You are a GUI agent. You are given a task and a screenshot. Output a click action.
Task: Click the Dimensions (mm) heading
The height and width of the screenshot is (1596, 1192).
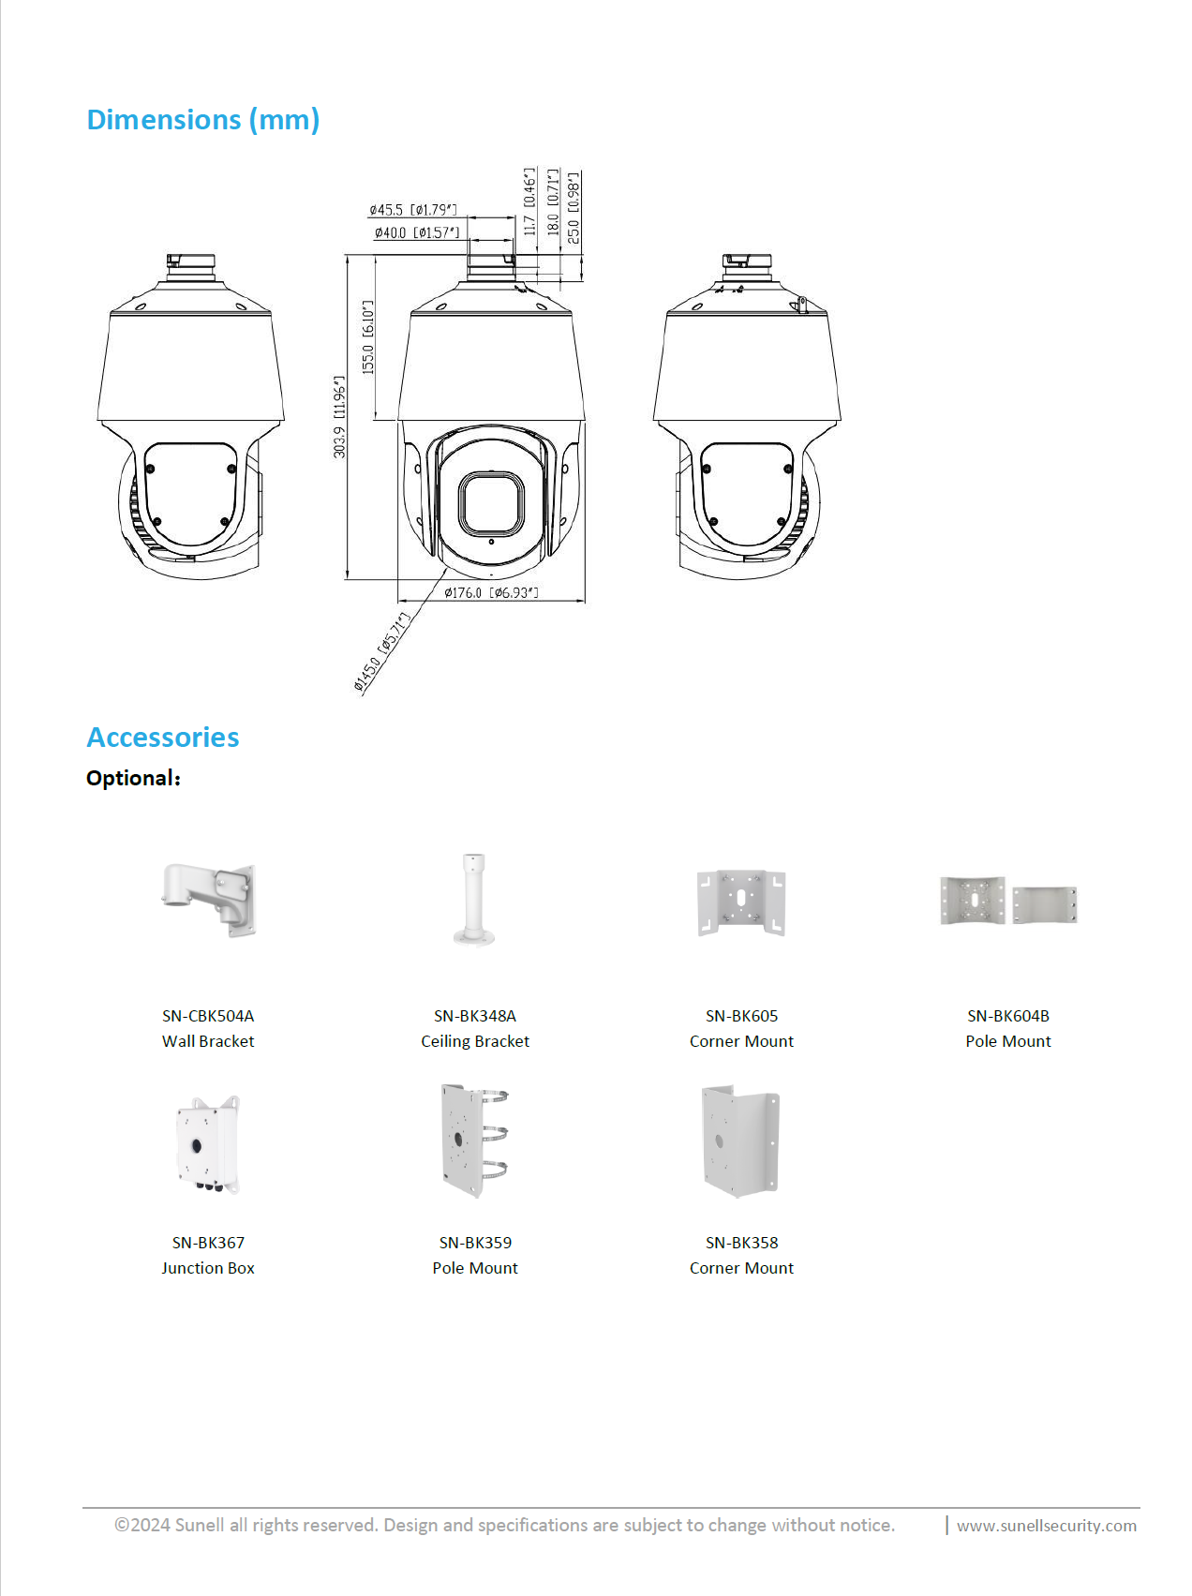(203, 120)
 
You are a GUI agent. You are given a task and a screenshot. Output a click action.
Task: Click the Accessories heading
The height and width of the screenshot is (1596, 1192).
(163, 738)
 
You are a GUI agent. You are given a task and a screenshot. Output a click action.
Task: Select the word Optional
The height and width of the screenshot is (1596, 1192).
(131, 778)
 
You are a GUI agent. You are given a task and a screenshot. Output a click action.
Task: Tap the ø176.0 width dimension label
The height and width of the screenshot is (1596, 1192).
(491, 592)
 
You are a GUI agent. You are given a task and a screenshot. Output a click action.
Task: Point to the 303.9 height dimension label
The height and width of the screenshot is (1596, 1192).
(339, 417)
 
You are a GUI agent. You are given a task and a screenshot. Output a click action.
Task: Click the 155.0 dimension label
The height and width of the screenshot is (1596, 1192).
(368, 337)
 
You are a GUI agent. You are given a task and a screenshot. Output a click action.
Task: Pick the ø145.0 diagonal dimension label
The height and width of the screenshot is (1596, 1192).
(382, 652)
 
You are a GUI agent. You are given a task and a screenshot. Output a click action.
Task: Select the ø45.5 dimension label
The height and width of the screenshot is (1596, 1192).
(413, 210)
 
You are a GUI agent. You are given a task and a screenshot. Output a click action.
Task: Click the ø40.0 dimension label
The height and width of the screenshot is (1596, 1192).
(417, 232)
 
